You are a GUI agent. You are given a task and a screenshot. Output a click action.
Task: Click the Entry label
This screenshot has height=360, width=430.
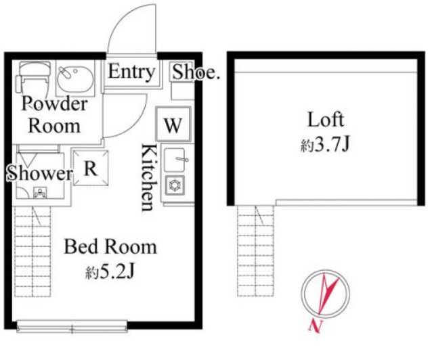(131, 72)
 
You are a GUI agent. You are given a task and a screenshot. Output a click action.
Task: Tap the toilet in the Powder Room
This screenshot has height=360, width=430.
(33, 76)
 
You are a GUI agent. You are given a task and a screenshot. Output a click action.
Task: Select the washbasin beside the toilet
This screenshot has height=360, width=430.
(75, 78)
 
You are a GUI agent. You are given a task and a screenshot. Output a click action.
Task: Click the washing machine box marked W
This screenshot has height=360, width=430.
(173, 125)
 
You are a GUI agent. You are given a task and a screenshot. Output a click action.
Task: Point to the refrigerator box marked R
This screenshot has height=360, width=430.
(91, 168)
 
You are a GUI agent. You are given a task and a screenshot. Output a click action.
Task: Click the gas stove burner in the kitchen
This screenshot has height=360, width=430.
(175, 185)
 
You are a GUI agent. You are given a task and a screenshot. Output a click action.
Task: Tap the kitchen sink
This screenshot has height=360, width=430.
(175, 160)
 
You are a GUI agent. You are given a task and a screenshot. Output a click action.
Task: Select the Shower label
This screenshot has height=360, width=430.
(40, 173)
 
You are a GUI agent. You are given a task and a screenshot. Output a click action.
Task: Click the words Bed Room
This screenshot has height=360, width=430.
(110, 246)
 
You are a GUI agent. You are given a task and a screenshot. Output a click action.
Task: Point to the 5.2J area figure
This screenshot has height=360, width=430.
(117, 272)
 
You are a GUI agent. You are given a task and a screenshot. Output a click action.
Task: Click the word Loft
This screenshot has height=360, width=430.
(326, 120)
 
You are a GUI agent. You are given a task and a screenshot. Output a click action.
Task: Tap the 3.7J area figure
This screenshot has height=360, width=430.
(332, 145)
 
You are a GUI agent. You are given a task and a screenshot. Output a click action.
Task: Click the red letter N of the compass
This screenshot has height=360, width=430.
(316, 326)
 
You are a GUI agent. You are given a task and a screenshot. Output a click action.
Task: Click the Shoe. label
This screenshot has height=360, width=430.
(196, 72)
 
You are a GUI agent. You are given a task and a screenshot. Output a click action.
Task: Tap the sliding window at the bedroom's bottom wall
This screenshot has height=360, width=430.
(72, 327)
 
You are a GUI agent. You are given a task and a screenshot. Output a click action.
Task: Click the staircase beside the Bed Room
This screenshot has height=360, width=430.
(33, 251)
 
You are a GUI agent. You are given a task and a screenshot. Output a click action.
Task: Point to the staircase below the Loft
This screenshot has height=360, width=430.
(255, 250)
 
